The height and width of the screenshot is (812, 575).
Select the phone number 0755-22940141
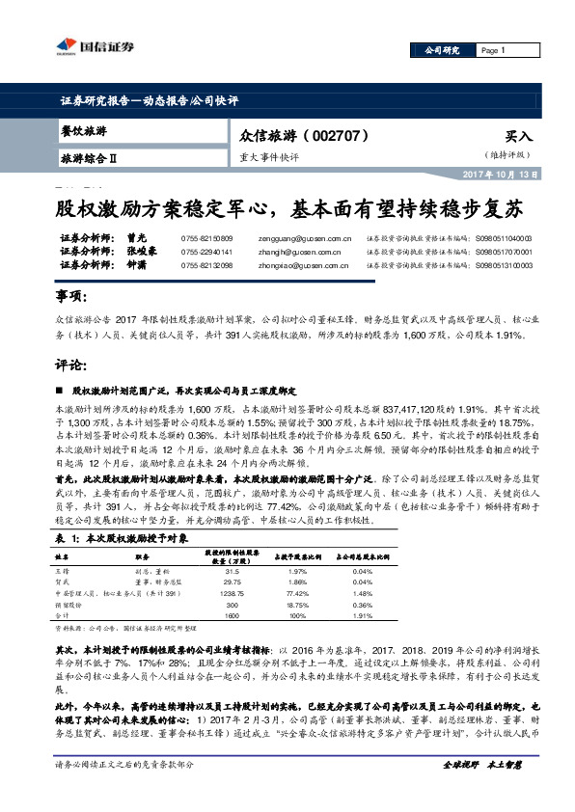[206, 250]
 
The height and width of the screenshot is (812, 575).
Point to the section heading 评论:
[70, 365]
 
